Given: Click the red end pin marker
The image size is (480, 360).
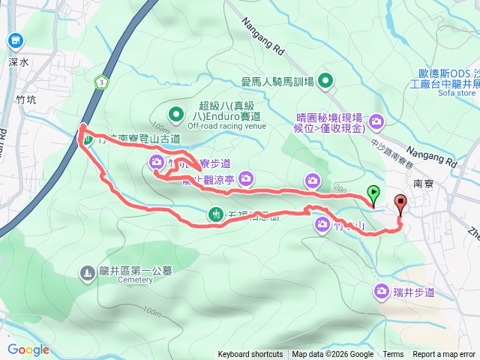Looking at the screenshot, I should click(x=400, y=203).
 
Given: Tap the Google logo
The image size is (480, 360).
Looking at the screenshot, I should click(x=28, y=349).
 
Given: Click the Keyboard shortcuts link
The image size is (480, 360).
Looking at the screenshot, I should click(x=250, y=355).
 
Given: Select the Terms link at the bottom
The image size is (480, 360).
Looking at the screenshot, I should click(x=393, y=355).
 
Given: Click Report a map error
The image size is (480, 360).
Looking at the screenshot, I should click(x=444, y=355).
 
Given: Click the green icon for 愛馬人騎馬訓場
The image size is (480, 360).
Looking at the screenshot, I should click(x=326, y=80).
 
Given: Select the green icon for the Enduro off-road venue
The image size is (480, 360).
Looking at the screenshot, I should click(x=175, y=115).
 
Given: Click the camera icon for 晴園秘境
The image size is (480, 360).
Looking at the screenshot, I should click(x=376, y=120).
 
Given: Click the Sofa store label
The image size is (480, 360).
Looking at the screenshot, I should click(x=457, y=94).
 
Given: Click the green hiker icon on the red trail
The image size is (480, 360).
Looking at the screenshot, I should click(x=216, y=215).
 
